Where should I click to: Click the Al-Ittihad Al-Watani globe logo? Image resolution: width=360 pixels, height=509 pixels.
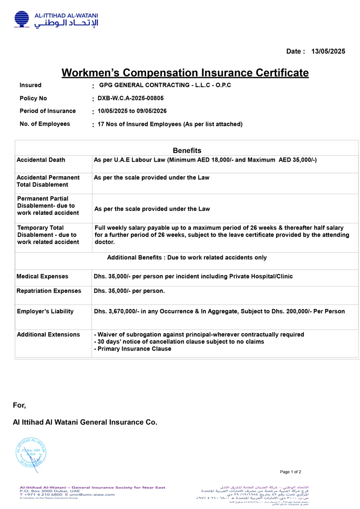click(x=21, y=19)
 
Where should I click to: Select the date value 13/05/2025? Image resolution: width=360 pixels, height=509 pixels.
click(x=328, y=51)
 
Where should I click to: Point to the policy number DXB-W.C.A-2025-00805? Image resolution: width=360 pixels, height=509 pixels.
click(x=131, y=99)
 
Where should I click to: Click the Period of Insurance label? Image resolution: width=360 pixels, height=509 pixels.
click(x=48, y=111)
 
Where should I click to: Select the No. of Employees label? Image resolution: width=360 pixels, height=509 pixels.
click(x=45, y=124)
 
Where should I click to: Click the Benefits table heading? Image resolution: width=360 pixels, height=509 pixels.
click(x=187, y=151)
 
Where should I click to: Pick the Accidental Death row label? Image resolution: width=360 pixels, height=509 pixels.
click(x=41, y=160)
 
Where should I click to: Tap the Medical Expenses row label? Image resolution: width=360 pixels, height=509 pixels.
click(x=42, y=277)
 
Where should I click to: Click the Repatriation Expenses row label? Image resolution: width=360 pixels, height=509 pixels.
click(x=49, y=291)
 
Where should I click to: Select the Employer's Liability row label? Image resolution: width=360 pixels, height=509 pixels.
click(x=45, y=312)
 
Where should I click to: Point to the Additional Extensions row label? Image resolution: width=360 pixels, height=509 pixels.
click(x=48, y=335)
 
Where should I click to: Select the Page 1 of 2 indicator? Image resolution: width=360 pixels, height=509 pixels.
click(x=290, y=472)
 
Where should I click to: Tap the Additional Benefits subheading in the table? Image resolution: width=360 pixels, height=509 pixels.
click(x=187, y=258)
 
